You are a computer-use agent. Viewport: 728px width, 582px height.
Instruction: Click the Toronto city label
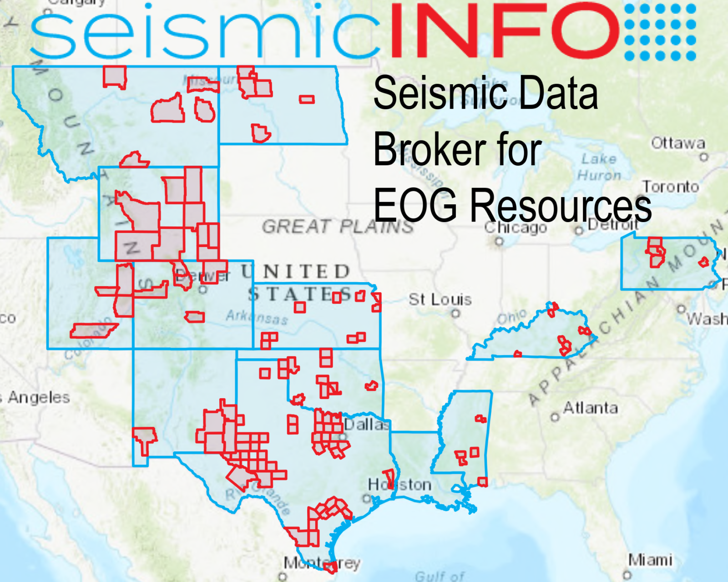tap(670, 187)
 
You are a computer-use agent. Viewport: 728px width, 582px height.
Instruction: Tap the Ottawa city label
tap(677, 143)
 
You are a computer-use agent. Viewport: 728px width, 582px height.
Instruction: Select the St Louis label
tap(440, 299)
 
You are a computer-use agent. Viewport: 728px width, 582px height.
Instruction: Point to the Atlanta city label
tap(591, 408)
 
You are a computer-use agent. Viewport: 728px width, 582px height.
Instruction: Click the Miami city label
tap(650, 560)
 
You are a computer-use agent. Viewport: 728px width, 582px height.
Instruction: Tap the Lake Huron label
tap(599, 167)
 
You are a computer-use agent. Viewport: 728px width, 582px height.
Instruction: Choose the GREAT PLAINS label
tap(338, 226)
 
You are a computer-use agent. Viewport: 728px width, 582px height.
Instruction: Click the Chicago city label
tap(515, 227)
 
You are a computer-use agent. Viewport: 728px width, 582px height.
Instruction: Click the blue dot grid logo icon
tap(660, 32)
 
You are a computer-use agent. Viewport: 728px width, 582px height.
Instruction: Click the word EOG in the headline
tap(415, 205)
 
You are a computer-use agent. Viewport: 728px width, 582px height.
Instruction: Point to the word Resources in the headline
tap(561, 206)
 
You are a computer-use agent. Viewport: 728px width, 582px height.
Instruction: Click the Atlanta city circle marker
tap(555, 417)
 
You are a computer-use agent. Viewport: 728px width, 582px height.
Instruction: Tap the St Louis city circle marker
tap(455, 313)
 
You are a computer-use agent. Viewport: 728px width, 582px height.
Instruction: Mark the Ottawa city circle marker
tap(704, 157)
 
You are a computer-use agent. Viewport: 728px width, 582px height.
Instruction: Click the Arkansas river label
tap(257, 317)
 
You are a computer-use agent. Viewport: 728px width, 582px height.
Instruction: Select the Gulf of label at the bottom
tap(440, 576)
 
